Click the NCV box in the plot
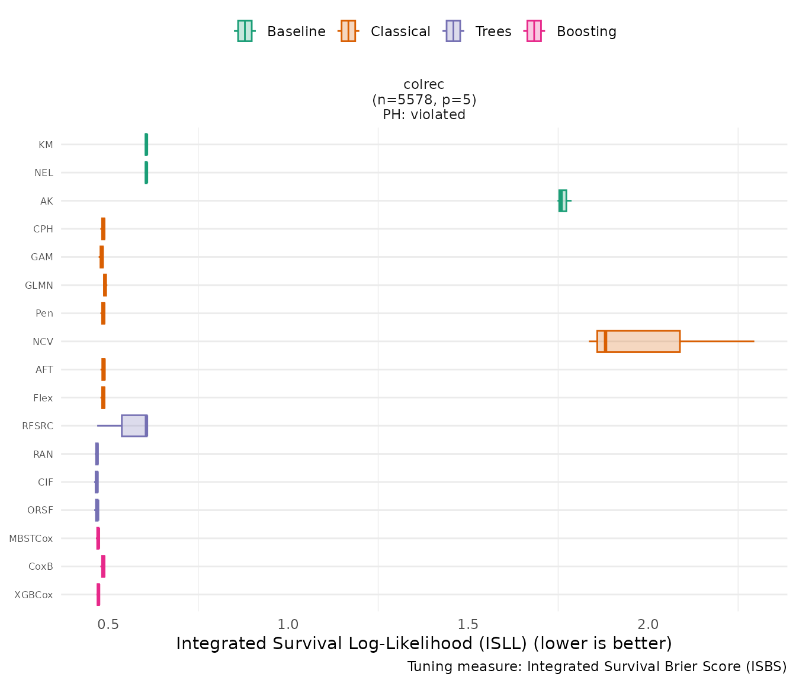click(x=638, y=341)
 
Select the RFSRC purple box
click(x=134, y=426)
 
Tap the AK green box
click(x=563, y=200)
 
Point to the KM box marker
click(x=146, y=145)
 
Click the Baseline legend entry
click(x=280, y=31)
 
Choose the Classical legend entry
click(x=385, y=31)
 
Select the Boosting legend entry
click(x=572, y=31)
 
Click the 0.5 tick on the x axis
click(x=108, y=624)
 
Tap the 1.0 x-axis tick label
click(x=288, y=624)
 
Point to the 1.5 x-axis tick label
click(x=468, y=624)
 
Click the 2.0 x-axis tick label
click(x=648, y=624)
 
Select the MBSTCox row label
click(x=31, y=539)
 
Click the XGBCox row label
click(x=34, y=595)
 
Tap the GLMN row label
click(x=39, y=286)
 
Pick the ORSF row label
click(x=40, y=510)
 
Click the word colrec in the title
click(x=424, y=85)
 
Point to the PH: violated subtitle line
click(x=424, y=115)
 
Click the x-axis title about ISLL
click(x=424, y=644)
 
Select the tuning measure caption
click(x=597, y=667)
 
